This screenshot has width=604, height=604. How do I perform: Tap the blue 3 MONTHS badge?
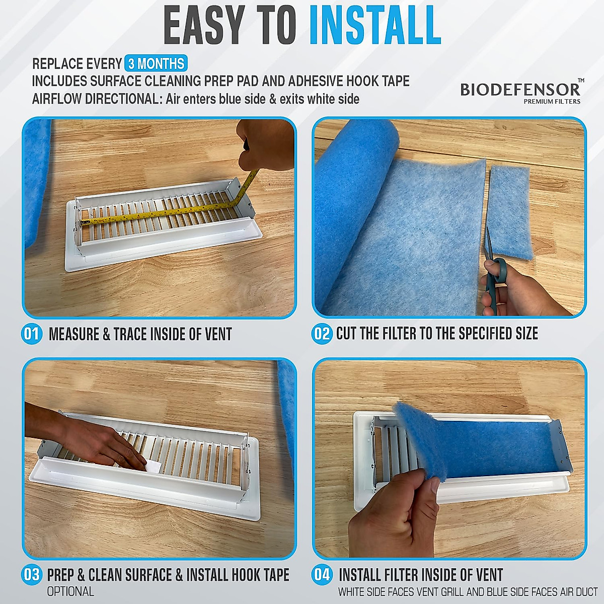[x=156, y=64]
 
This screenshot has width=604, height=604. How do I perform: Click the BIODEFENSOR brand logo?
[x=520, y=90]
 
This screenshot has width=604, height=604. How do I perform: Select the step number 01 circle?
[x=31, y=334]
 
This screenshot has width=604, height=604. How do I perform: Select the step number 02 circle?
[x=322, y=334]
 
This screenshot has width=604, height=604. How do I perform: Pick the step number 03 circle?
[x=31, y=575]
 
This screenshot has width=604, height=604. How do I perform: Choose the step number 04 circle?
[x=322, y=575]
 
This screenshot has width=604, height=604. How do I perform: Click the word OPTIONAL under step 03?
[x=70, y=591]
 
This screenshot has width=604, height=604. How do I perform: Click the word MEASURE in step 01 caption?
[x=74, y=334]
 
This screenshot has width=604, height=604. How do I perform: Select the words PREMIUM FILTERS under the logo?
[x=552, y=101]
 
